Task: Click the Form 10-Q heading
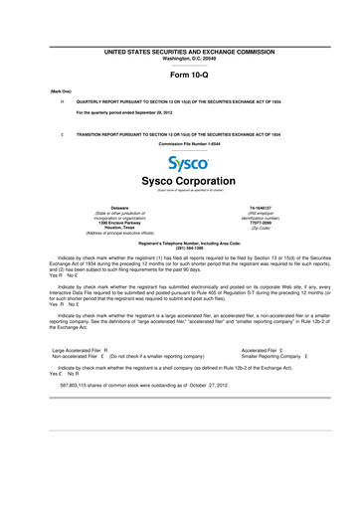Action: click(180, 74)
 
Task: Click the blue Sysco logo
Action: click(180, 162)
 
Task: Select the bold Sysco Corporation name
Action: click(180, 183)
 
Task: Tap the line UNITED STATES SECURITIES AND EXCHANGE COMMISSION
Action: click(180, 49)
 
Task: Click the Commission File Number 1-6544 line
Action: click(180, 143)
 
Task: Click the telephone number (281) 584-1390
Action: click(180, 247)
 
